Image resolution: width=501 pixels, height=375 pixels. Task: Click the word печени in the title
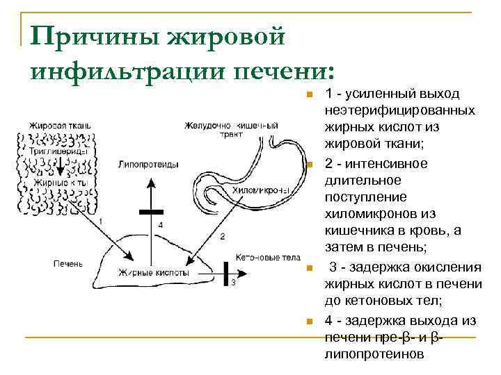(283, 71)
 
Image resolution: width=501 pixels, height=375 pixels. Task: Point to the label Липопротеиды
(148, 165)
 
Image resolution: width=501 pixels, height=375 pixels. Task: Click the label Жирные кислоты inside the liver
(153, 273)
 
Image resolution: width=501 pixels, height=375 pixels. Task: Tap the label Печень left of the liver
(67, 264)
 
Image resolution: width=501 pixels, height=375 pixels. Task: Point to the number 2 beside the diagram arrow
(222, 236)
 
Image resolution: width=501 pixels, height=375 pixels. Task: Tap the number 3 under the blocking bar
(233, 283)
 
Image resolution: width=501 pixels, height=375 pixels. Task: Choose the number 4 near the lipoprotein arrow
(161, 225)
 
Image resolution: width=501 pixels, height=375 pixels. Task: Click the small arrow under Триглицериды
(60, 167)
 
